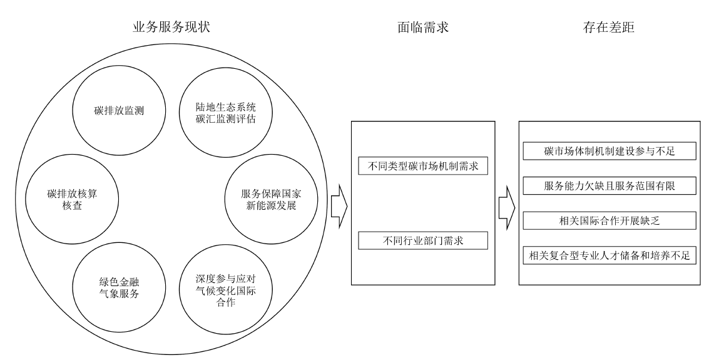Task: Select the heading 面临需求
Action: point(423,27)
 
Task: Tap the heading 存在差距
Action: point(607,27)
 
